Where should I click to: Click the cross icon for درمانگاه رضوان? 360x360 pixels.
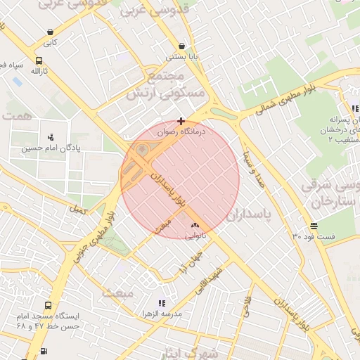[181, 121]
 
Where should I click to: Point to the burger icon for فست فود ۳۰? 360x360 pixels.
[313, 226]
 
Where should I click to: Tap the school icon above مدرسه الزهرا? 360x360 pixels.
[162, 302]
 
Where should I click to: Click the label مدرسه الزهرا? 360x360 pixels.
[156, 314]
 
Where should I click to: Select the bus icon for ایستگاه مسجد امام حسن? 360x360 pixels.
[47, 306]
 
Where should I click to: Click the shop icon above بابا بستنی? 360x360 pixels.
[181, 46]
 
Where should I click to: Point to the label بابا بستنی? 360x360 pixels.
[181, 57]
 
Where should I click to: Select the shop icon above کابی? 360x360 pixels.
[50, 32]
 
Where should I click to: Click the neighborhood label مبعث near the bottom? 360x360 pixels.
[117, 292]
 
